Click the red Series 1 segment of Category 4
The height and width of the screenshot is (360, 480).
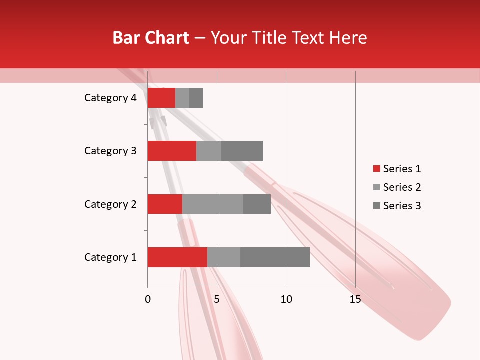tap(161, 98)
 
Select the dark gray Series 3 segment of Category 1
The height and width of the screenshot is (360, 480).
tap(275, 257)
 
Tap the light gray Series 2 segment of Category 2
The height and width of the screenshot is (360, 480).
tap(213, 204)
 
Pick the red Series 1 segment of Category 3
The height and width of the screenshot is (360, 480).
tap(172, 151)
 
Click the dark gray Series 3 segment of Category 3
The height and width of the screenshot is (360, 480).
tap(242, 151)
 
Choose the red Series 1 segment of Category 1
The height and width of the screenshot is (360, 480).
tap(177, 257)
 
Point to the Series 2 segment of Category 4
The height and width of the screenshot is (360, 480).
tap(182, 98)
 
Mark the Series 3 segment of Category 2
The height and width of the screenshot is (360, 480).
tap(257, 204)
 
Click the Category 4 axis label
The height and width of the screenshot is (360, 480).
tap(110, 98)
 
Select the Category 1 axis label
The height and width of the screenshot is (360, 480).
tap(110, 257)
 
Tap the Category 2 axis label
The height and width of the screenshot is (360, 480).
tap(110, 204)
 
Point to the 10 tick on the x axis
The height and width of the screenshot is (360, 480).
tap(286, 299)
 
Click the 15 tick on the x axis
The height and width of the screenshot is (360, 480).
tap(355, 299)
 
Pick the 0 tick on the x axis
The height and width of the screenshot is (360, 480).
tap(148, 299)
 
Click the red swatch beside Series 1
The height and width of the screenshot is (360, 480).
tap(376, 169)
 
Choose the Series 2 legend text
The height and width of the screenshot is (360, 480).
tap(402, 187)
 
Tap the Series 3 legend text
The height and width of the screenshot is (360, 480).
tap(402, 206)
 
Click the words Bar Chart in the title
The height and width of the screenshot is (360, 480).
tap(151, 38)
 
